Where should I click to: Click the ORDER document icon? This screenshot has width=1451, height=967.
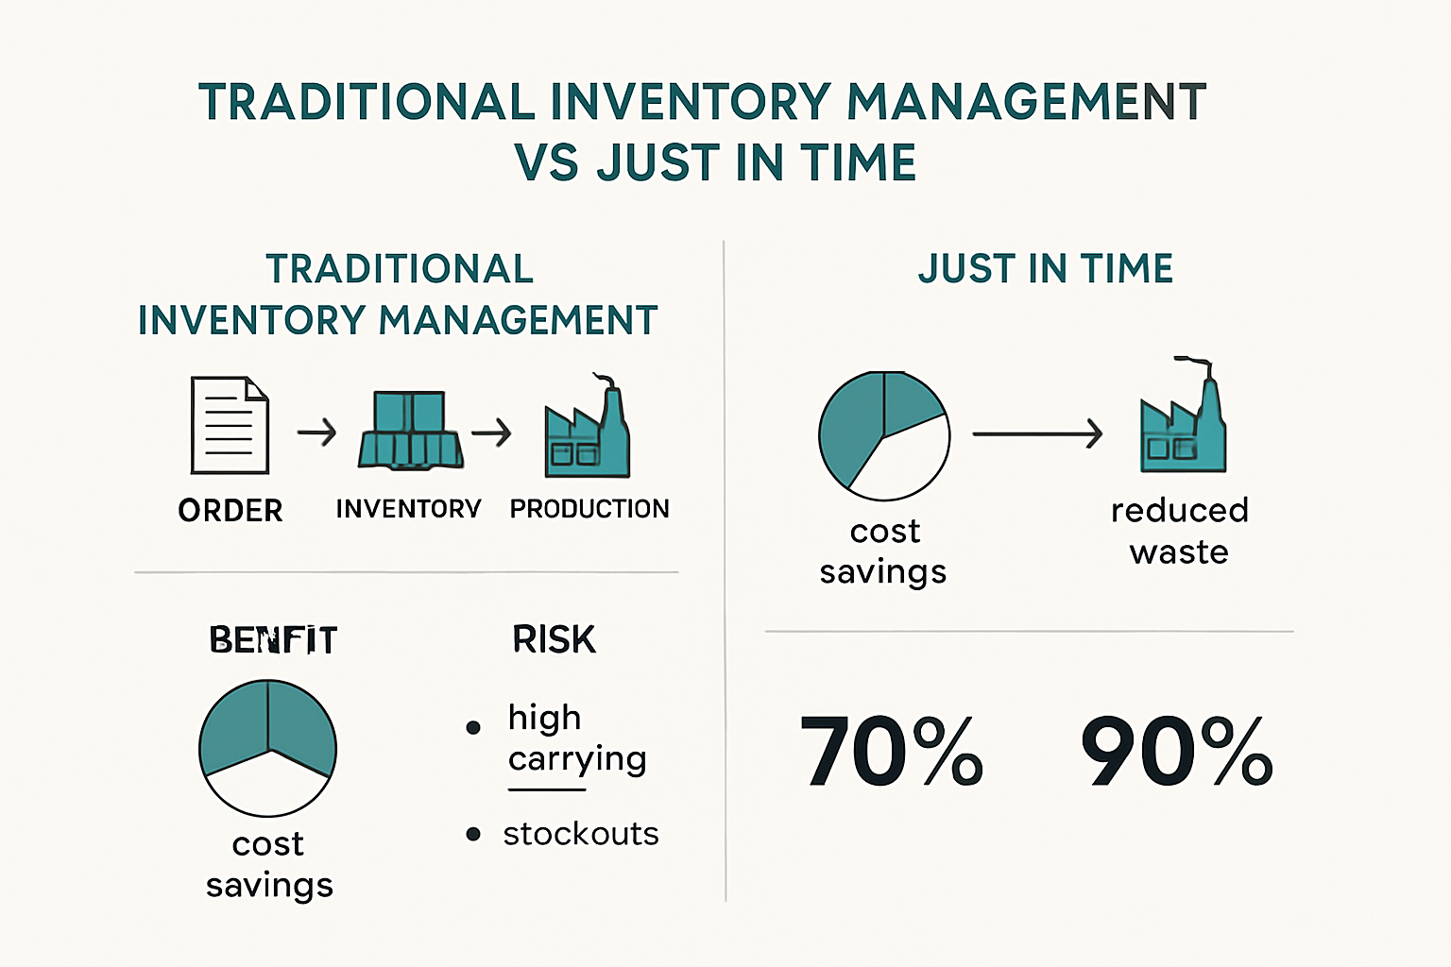[230, 425]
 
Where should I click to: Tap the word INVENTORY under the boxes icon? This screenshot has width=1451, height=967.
[408, 509]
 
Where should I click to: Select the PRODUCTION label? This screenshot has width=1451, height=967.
[589, 509]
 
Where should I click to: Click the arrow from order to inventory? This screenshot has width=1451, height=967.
[316, 433]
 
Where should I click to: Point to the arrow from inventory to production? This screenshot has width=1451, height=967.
[491, 433]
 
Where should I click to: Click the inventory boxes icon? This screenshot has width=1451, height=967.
[410, 431]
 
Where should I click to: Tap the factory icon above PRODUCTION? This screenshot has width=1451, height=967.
[587, 431]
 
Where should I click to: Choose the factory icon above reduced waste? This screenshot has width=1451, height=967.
[1183, 419]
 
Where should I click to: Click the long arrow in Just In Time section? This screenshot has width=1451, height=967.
[1036, 433]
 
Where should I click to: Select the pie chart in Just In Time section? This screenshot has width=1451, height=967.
[883, 435]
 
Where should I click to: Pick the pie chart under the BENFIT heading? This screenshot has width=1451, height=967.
[267, 748]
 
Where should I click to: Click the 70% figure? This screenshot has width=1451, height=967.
[891, 752]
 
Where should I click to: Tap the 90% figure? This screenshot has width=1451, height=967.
[1176, 752]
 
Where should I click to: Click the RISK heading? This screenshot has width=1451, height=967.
[554, 640]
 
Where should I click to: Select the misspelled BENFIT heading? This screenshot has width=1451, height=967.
[273, 640]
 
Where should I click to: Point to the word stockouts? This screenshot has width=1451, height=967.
[580, 834]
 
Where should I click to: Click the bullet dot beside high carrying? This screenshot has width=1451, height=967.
[473, 727]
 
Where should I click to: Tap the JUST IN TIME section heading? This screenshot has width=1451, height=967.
[1045, 269]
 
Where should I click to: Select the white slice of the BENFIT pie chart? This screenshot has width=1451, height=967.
[268, 786]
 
